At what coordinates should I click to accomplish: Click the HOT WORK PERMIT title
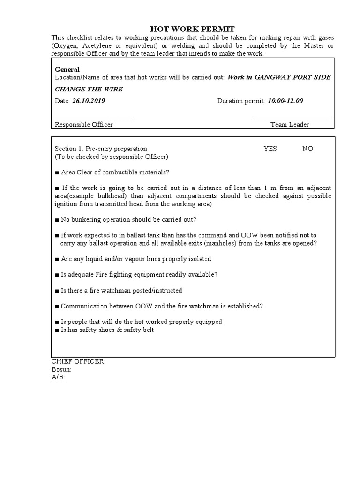[192, 29]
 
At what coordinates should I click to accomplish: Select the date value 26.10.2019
[89, 101]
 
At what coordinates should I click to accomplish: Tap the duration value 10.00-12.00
[285, 101]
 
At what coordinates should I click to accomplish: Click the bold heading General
[67, 69]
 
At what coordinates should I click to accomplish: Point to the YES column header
[270, 149]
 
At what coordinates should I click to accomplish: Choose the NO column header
[307, 149]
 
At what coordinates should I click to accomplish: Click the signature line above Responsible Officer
[95, 120]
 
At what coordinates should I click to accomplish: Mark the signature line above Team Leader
[292, 120]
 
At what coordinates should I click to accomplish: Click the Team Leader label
[290, 125]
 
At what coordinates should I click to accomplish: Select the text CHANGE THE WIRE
[89, 89]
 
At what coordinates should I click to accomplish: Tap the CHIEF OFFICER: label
[78, 361]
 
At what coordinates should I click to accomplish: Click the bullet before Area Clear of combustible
[57, 172]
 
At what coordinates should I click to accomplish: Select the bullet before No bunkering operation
[57, 219]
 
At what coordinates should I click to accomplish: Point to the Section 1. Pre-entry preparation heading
[101, 149]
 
